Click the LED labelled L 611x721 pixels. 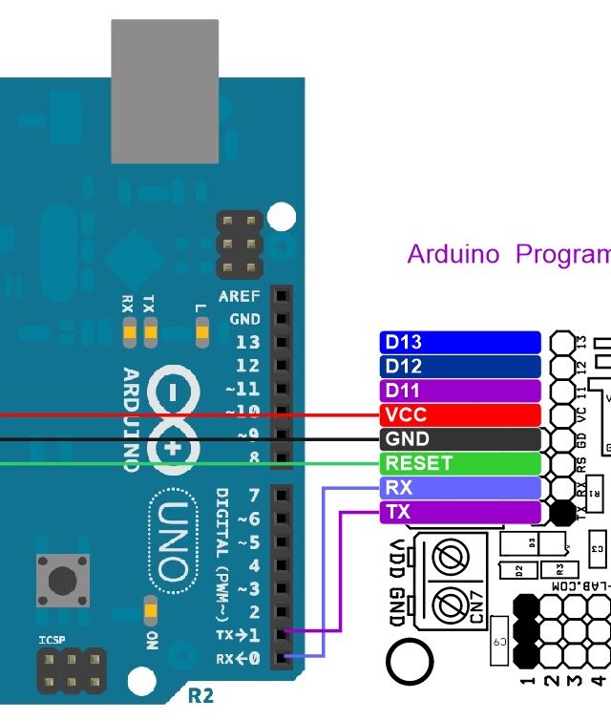click(200, 332)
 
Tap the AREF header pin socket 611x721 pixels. click(282, 296)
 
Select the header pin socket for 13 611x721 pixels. click(282, 343)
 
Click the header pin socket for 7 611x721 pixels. click(282, 495)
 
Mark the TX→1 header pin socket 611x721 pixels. click(282, 635)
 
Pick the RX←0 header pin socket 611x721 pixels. click(282, 658)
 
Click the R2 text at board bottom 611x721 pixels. click(200, 695)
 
